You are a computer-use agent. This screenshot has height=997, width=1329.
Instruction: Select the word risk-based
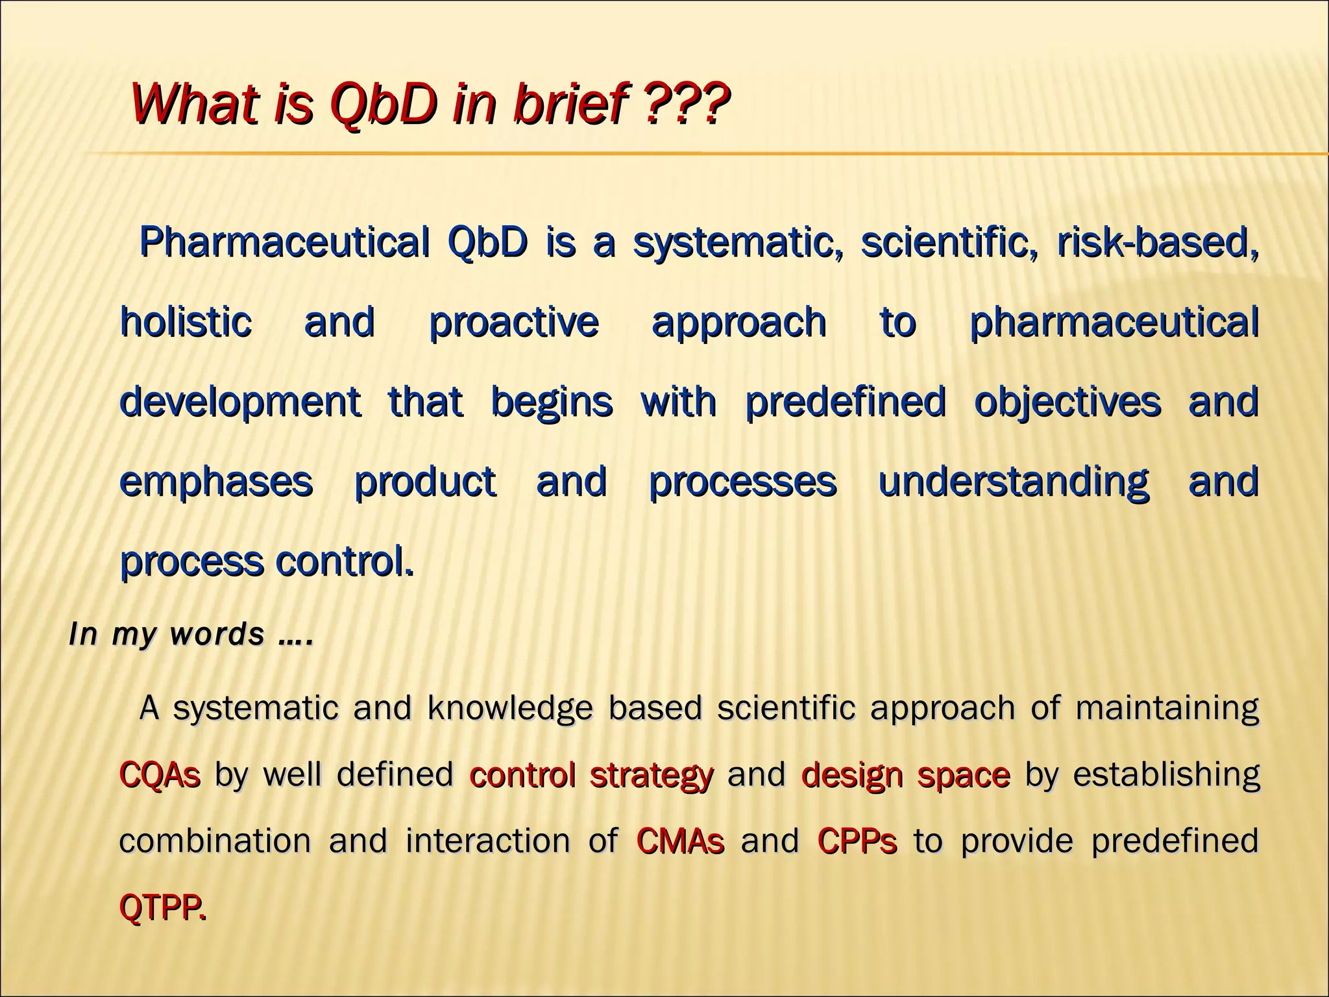click(x=1158, y=243)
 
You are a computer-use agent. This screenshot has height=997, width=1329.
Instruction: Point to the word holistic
click(x=186, y=322)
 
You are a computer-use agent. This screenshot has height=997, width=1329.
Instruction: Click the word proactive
click(x=513, y=323)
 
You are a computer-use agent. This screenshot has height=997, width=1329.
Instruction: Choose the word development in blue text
click(x=240, y=402)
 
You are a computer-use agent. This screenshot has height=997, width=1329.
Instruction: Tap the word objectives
click(x=1067, y=402)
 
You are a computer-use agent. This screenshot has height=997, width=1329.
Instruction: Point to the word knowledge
click(x=510, y=708)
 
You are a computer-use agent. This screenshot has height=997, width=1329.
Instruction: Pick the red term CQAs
click(x=160, y=775)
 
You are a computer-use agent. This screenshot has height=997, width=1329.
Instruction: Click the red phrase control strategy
click(x=591, y=775)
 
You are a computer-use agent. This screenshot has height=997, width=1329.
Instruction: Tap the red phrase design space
click(x=905, y=775)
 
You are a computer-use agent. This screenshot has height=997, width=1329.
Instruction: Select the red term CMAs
click(x=679, y=841)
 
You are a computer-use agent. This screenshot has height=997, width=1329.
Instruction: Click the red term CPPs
click(x=857, y=841)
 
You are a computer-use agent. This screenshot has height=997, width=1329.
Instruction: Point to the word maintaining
click(x=1167, y=708)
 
